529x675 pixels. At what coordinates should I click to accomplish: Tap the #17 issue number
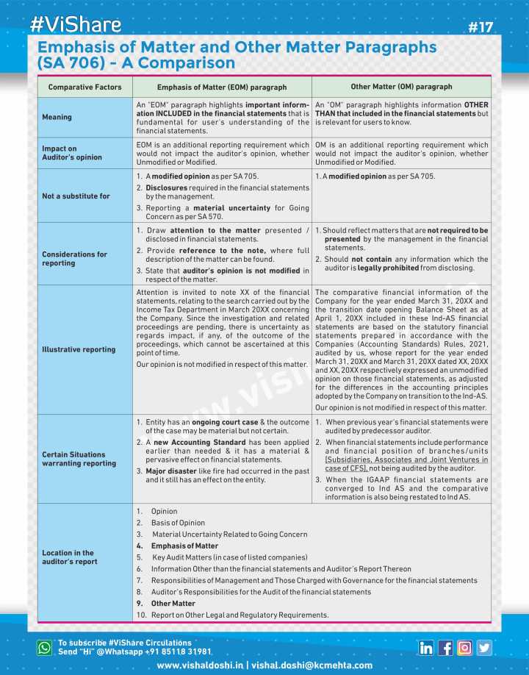(x=481, y=28)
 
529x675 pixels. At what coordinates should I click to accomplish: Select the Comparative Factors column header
(x=85, y=87)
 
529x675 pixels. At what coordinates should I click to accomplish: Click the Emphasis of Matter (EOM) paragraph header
(x=222, y=87)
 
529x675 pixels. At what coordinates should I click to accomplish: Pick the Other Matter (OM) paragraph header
(x=401, y=87)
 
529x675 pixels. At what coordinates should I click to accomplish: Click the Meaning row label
(x=57, y=117)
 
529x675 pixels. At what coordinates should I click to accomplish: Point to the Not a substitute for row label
(x=76, y=196)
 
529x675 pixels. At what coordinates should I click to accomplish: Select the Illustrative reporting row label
(x=79, y=349)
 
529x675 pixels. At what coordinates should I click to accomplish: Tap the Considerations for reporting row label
(x=74, y=259)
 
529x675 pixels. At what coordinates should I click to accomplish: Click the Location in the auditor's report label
(x=68, y=557)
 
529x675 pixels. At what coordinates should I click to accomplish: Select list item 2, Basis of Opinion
(x=171, y=523)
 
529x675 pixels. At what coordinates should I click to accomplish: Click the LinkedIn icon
(x=426, y=648)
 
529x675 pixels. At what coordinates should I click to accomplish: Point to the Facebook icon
(x=445, y=648)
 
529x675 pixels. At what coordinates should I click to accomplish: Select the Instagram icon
(x=464, y=648)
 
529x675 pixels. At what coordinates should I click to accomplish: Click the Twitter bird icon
(x=483, y=648)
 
